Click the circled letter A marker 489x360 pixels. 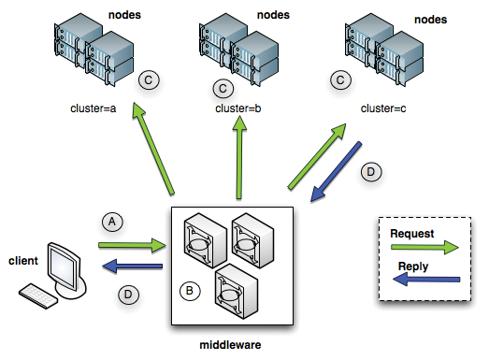point(112,222)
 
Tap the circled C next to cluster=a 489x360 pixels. point(148,81)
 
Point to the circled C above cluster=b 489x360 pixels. point(223,89)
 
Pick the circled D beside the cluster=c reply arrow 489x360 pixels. point(370,171)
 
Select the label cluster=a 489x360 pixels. point(94,108)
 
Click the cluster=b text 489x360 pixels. point(237,108)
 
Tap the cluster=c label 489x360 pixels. point(384,108)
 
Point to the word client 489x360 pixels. point(24,259)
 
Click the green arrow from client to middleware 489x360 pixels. point(131,247)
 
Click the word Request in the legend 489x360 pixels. point(412,233)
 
